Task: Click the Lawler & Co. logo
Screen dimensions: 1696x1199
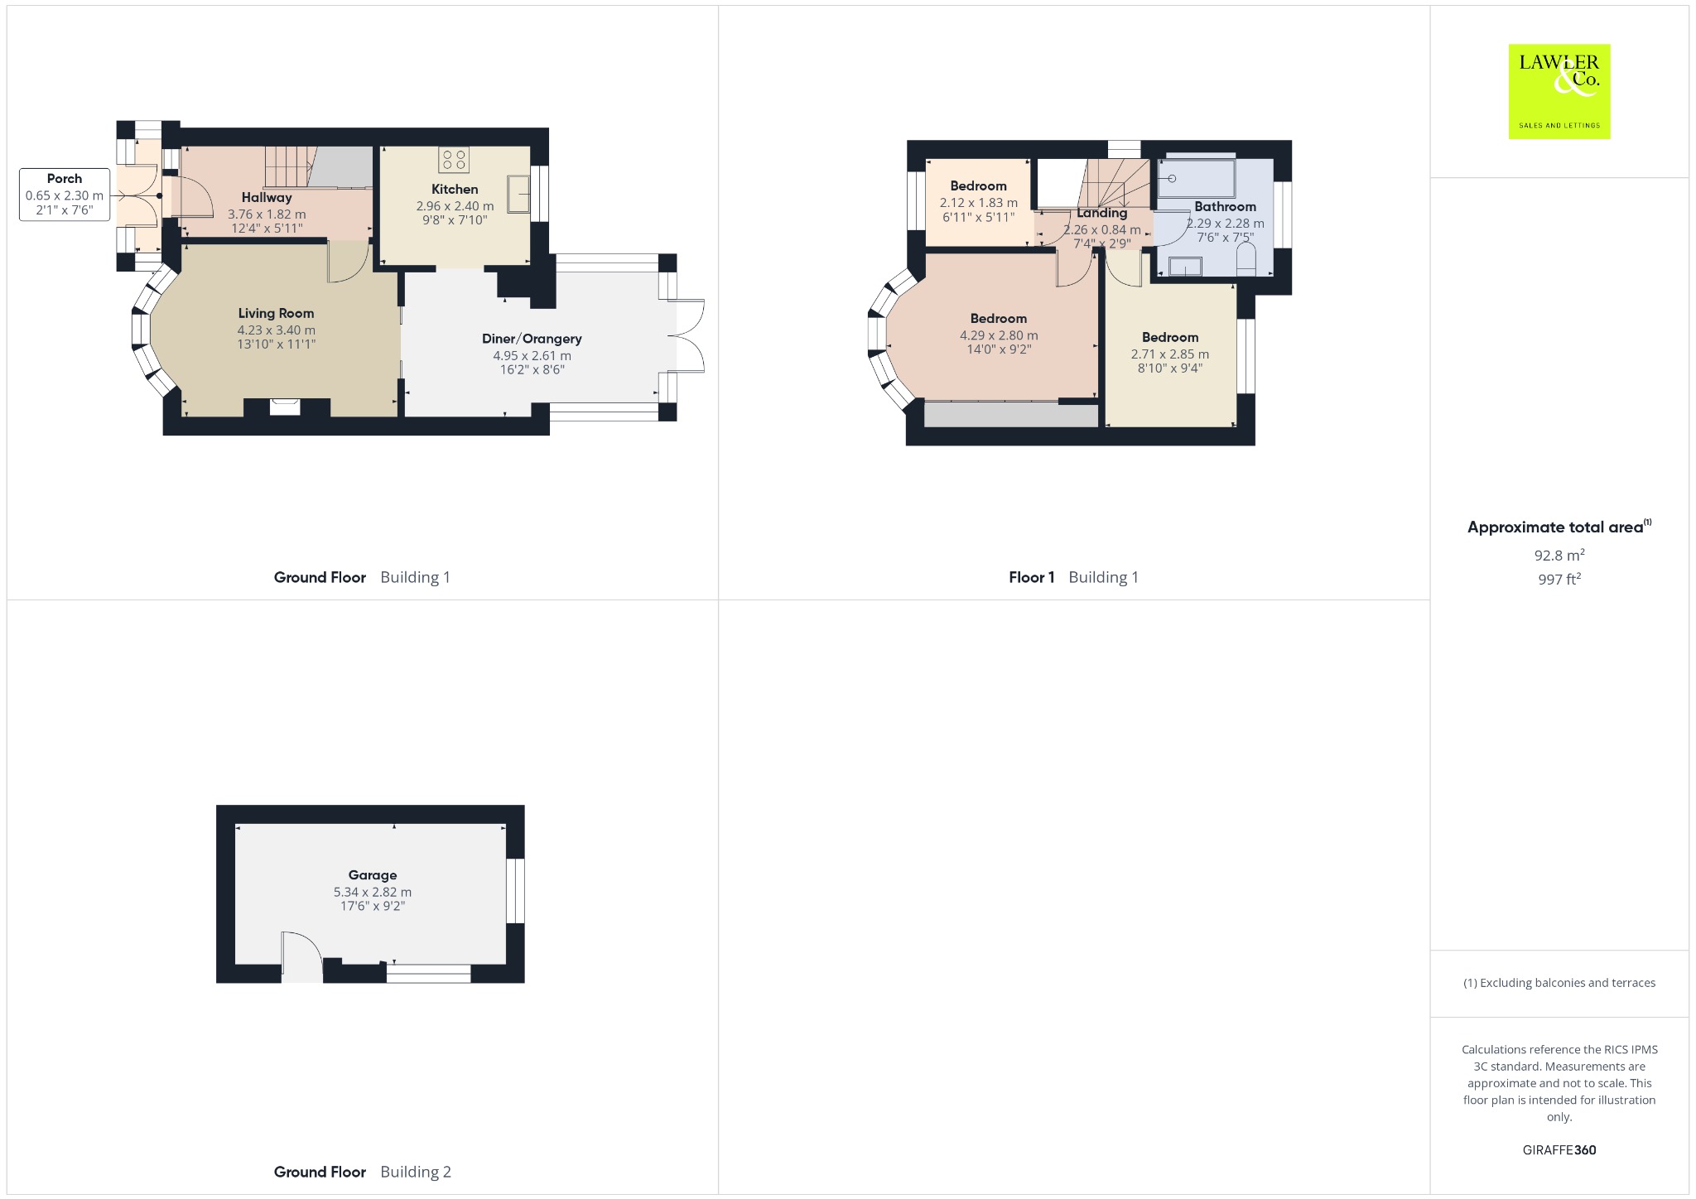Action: click(x=1559, y=91)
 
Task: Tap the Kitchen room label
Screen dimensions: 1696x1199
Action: click(x=455, y=189)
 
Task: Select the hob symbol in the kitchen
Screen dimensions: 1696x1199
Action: click(x=454, y=159)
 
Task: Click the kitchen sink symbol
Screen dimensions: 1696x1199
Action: click(x=518, y=195)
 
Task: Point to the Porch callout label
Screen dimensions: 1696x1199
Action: click(x=65, y=178)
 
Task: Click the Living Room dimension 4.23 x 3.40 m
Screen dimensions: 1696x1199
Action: click(x=276, y=330)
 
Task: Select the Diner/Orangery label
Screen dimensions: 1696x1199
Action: click(x=532, y=338)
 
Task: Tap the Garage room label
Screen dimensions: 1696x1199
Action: click(x=373, y=874)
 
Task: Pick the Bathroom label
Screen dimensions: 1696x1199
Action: click(x=1225, y=206)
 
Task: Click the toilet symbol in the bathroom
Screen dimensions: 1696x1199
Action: click(x=1245, y=259)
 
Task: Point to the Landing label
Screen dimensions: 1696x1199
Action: click(x=1101, y=213)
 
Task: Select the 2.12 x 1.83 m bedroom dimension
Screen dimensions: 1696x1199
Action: click(x=978, y=202)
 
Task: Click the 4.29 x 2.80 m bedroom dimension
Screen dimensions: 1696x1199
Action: click(x=999, y=335)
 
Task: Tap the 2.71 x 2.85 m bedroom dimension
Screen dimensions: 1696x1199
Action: click(x=1169, y=354)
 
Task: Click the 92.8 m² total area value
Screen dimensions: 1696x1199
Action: click(x=1559, y=555)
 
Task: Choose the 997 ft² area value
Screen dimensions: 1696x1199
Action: click(x=1559, y=579)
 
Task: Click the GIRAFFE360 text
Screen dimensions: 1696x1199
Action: click(x=1559, y=1149)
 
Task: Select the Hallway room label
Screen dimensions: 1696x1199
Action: click(x=267, y=197)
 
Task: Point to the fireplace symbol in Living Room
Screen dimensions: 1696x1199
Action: click(x=287, y=406)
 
